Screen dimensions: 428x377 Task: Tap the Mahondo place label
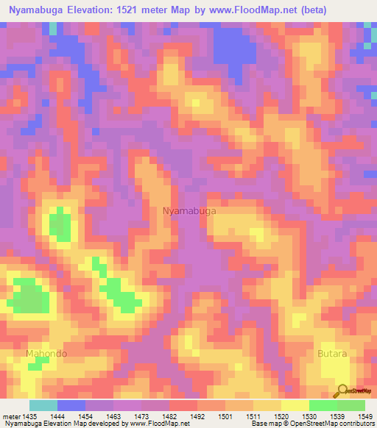click(x=46, y=354)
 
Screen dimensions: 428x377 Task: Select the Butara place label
click(x=332, y=354)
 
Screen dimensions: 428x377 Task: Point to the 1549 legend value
click(x=365, y=415)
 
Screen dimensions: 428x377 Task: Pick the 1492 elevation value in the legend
click(x=197, y=415)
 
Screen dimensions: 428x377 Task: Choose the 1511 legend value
click(x=255, y=415)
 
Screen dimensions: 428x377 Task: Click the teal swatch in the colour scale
click(x=43, y=405)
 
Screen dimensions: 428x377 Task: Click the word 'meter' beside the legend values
click(x=13, y=415)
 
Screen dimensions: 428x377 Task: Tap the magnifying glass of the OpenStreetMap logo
click(x=341, y=391)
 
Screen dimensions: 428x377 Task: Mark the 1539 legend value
click(x=338, y=415)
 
